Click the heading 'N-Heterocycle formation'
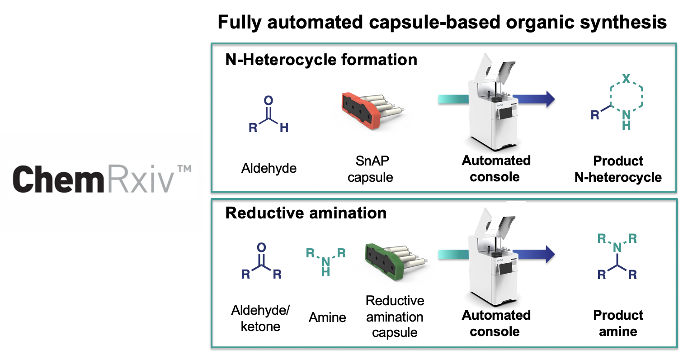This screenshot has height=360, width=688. click(x=321, y=60)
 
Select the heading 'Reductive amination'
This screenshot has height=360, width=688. click(x=306, y=213)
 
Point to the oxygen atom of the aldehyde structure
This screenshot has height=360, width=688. click(x=269, y=100)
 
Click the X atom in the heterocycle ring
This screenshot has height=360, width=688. click(x=626, y=79)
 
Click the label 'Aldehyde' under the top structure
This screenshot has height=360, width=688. click(x=269, y=168)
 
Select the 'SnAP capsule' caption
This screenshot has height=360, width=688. click(x=371, y=169)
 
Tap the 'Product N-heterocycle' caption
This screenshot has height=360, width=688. click(x=618, y=169)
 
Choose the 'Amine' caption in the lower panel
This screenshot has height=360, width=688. click(x=327, y=317)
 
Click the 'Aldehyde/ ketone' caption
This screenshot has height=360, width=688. click(x=260, y=318)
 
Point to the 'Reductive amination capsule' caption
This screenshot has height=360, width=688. click(x=395, y=317)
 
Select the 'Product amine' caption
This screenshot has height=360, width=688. click(x=618, y=323)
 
